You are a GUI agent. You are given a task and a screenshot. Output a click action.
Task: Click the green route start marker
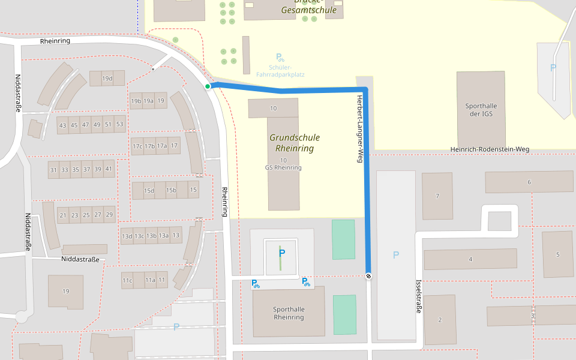[x=208, y=86]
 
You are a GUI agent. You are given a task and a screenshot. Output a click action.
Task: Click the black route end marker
[x=368, y=276]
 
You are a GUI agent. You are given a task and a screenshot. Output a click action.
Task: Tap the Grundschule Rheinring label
[x=294, y=143]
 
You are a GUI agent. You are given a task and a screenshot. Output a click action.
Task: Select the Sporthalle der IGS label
[x=481, y=110]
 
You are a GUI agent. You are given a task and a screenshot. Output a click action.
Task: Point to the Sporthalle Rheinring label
[x=289, y=313]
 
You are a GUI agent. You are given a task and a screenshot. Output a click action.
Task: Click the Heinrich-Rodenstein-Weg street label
[x=490, y=149]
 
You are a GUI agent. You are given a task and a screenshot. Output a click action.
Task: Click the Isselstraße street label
[x=419, y=296]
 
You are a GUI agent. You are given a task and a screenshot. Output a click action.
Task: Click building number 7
[x=437, y=196]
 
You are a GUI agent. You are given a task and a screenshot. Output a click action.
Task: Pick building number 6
[x=529, y=182]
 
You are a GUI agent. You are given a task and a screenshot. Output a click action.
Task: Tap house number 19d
[x=107, y=79]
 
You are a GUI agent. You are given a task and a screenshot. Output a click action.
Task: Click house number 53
[x=119, y=125]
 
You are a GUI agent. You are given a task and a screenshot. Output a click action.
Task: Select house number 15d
[x=149, y=191]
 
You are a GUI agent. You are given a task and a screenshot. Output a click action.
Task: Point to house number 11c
[x=127, y=280]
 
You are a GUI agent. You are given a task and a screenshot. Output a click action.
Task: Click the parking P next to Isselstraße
[x=395, y=255]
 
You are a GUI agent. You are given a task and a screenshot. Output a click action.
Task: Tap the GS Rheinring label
[x=283, y=167]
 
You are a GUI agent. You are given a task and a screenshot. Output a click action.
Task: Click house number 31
[x=53, y=170]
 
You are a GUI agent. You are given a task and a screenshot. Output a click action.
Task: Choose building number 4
[x=470, y=259]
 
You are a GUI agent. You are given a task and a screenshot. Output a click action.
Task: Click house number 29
[x=109, y=215]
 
